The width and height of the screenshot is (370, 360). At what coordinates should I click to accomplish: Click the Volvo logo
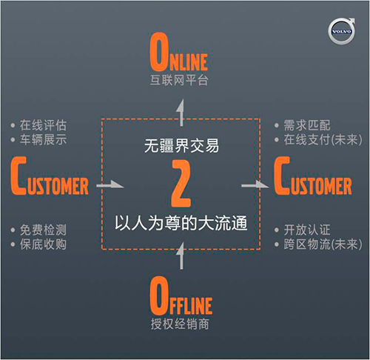pos(341,31)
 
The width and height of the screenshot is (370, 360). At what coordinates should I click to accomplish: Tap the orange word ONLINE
pos(179,52)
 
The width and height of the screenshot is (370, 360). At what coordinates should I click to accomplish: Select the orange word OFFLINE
pos(181,296)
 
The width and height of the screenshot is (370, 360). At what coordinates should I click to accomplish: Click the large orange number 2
pos(181,184)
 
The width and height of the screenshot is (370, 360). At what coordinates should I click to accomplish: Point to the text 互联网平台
pos(179,80)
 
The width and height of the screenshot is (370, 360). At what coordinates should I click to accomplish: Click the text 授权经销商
pos(180,324)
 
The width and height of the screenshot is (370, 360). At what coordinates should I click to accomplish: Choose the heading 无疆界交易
pos(181,146)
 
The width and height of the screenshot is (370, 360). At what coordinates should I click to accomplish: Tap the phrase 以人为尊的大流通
pos(181,223)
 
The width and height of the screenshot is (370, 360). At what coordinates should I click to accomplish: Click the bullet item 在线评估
pos(44,125)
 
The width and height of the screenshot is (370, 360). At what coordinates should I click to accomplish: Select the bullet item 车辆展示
pos(44,139)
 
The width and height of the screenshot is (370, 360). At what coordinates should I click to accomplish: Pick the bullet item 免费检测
pos(44,230)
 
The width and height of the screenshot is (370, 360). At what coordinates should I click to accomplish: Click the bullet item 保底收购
pos(44,244)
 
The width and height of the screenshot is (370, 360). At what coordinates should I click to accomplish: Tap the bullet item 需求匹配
pos(307,125)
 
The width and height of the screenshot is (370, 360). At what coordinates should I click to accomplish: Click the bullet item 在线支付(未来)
pos(323,139)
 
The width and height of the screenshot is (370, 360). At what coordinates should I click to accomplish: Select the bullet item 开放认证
pos(307,230)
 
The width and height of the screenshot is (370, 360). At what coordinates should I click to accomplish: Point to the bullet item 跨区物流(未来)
pos(323,244)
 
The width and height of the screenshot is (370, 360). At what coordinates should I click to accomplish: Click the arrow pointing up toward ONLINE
pos(181,113)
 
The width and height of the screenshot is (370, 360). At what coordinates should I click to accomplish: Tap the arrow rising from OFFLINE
pos(181,256)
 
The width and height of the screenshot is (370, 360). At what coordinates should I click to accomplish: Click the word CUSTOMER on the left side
pos(50,176)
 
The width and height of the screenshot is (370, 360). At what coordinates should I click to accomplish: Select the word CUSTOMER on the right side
pos(313,176)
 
